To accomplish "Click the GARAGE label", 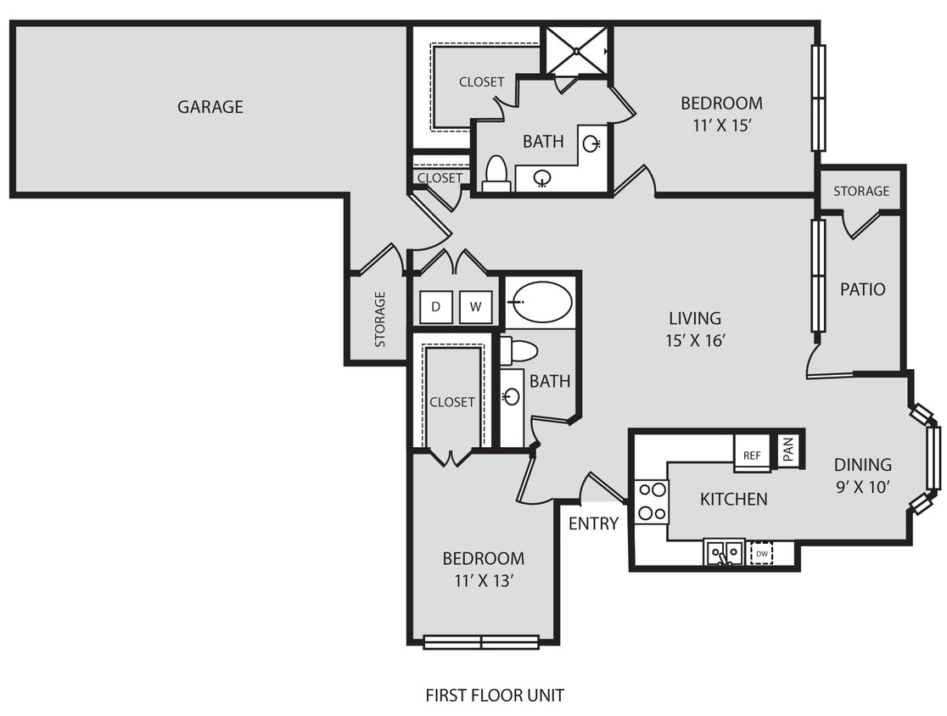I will [210, 107].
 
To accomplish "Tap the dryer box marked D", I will [435, 307].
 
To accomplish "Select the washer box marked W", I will [475, 307].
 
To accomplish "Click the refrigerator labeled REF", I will [752, 455].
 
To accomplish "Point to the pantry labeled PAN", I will [788, 450].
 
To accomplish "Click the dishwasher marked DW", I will [762, 553].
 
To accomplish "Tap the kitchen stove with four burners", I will [652, 501].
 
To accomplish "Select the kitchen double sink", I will [724, 552].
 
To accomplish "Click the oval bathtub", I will [542, 302].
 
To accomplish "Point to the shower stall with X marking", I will [577, 52].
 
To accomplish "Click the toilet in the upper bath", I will [496, 174].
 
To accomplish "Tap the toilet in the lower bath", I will [519, 350].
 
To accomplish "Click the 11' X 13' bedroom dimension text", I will [483, 581].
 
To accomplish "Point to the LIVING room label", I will [694, 318].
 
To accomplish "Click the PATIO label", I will [862, 289].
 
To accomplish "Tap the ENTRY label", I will [593, 523].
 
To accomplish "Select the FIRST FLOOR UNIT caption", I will [494, 696].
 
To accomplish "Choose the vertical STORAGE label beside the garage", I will [380, 319].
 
